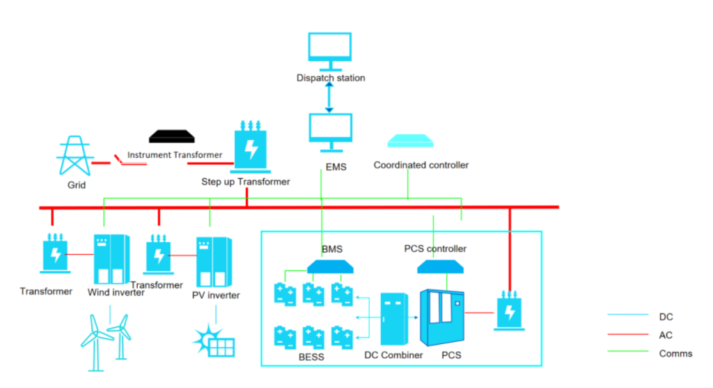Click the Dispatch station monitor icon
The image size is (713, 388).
coord(330,51)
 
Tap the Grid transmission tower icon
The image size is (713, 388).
coord(75,156)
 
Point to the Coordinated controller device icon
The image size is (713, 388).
coord(411,140)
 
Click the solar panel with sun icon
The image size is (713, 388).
coord(214,341)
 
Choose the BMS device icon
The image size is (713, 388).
coord(329,266)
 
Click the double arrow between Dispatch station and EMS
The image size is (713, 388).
coord(330,97)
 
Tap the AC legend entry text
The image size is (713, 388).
coord(666,335)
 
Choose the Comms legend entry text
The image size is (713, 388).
coord(675,353)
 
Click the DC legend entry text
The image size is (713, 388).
coord(666,316)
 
